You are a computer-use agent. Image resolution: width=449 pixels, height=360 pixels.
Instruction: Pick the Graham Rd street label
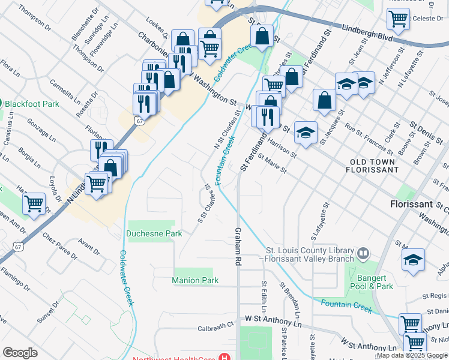tap(238, 247)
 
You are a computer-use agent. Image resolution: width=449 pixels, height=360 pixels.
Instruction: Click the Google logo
tap(20, 353)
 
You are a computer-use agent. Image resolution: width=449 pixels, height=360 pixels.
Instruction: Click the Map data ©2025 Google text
tap(412, 355)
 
